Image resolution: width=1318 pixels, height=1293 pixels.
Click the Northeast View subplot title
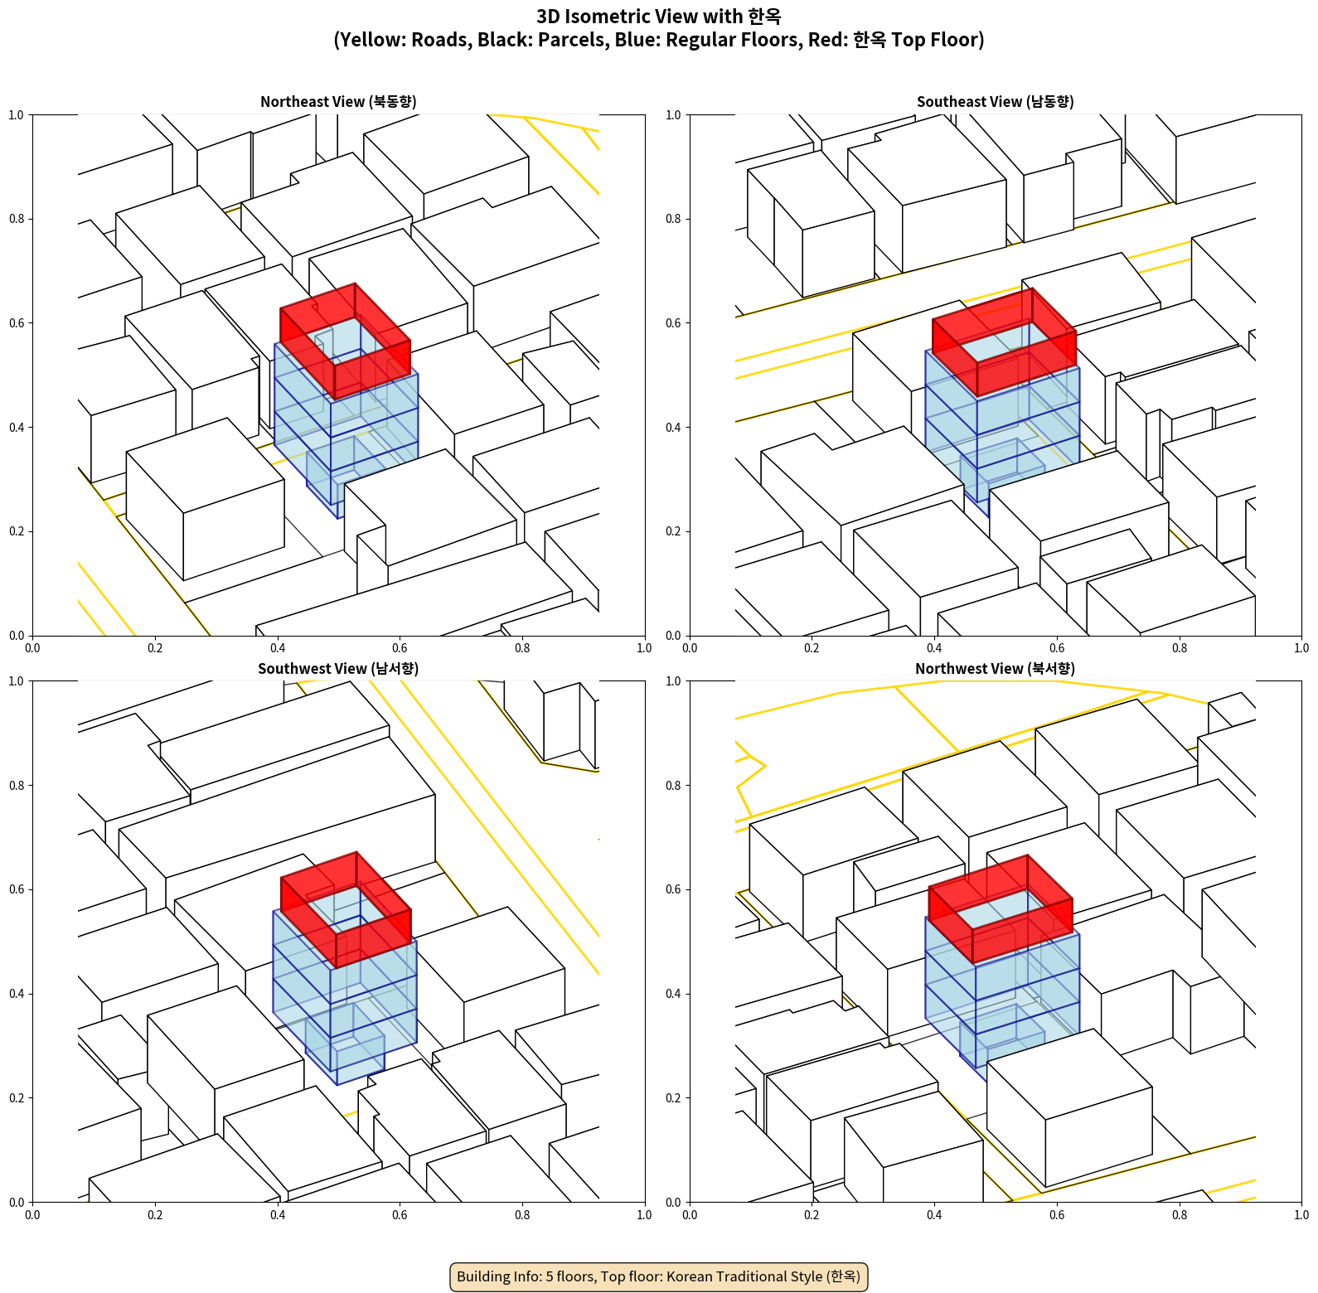[x=338, y=102]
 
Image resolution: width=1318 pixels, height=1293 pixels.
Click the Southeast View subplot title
[x=995, y=102]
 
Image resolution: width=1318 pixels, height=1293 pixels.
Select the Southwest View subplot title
[x=338, y=669]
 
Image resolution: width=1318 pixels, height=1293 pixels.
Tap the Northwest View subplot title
[x=995, y=669]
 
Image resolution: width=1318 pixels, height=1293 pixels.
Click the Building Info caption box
[x=659, y=1276]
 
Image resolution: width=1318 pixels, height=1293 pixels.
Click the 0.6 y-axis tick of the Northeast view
[x=17, y=323]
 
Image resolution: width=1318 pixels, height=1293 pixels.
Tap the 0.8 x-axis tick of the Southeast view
[x=1180, y=648]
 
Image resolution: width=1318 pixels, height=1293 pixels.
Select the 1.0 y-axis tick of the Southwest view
[x=17, y=681]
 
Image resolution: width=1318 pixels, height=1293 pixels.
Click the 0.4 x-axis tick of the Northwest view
[x=934, y=1215]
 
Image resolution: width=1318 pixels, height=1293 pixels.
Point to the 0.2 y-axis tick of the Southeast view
[x=674, y=531]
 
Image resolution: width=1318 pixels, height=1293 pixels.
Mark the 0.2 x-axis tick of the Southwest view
[x=155, y=1215]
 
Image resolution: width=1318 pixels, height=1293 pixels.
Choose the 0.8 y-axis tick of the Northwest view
[x=674, y=786]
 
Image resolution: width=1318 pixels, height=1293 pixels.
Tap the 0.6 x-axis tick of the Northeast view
[x=400, y=648]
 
